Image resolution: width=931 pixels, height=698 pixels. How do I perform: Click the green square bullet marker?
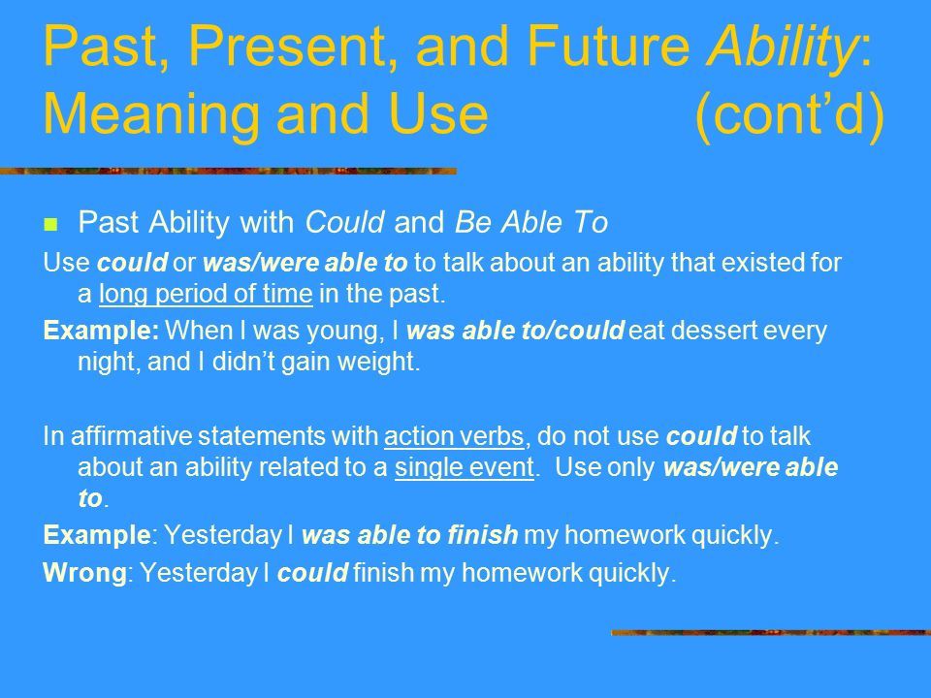point(50,224)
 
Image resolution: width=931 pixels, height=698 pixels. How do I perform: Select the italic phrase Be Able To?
point(531,223)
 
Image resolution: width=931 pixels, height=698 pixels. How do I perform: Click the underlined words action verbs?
point(454,436)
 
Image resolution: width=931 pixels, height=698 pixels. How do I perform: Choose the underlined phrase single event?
point(465,467)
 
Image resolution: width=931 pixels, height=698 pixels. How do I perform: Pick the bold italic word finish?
point(483,535)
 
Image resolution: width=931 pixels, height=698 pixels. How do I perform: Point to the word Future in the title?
point(608,46)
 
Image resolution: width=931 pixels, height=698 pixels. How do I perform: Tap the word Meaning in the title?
point(151,115)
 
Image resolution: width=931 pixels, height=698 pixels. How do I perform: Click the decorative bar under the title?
point(229,171)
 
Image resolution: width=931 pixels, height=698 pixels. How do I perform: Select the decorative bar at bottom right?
point(771,633)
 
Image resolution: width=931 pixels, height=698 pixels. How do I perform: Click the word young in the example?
point(341,332)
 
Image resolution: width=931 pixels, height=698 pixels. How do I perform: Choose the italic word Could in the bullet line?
point(345,223)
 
